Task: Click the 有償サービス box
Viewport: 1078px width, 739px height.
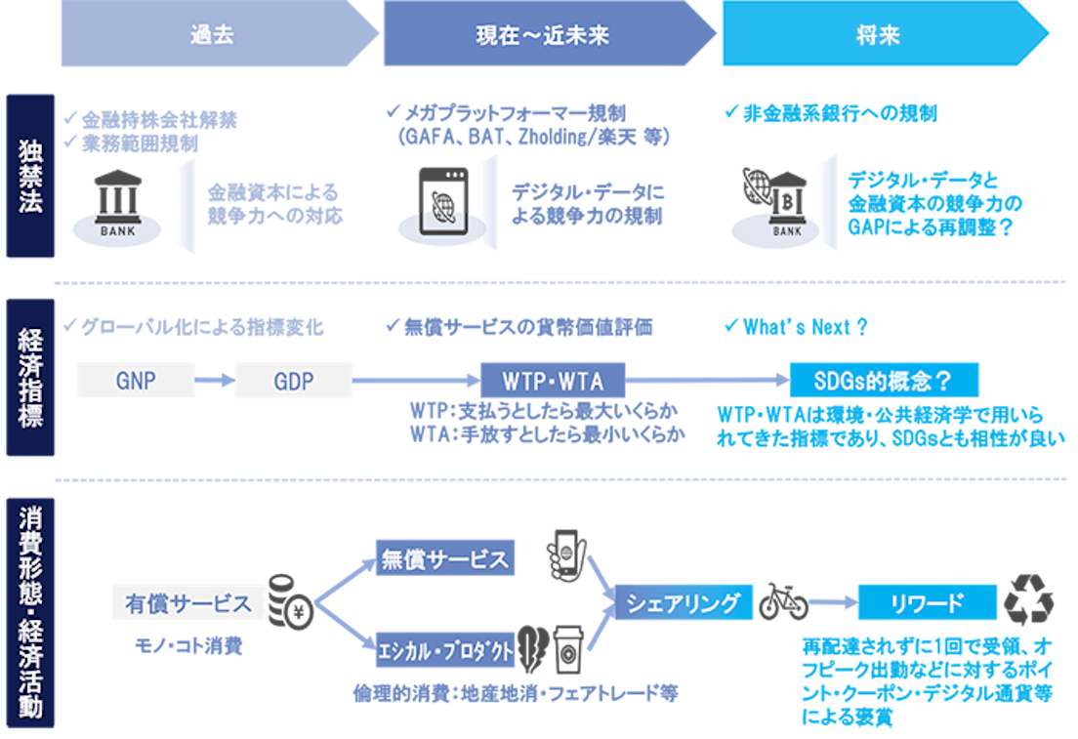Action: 187,603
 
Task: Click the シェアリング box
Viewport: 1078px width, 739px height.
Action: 684,603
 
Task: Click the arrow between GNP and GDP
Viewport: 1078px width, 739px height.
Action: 210,380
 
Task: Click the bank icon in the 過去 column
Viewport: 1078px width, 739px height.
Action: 116,205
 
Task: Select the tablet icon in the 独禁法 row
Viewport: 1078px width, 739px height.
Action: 445,201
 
